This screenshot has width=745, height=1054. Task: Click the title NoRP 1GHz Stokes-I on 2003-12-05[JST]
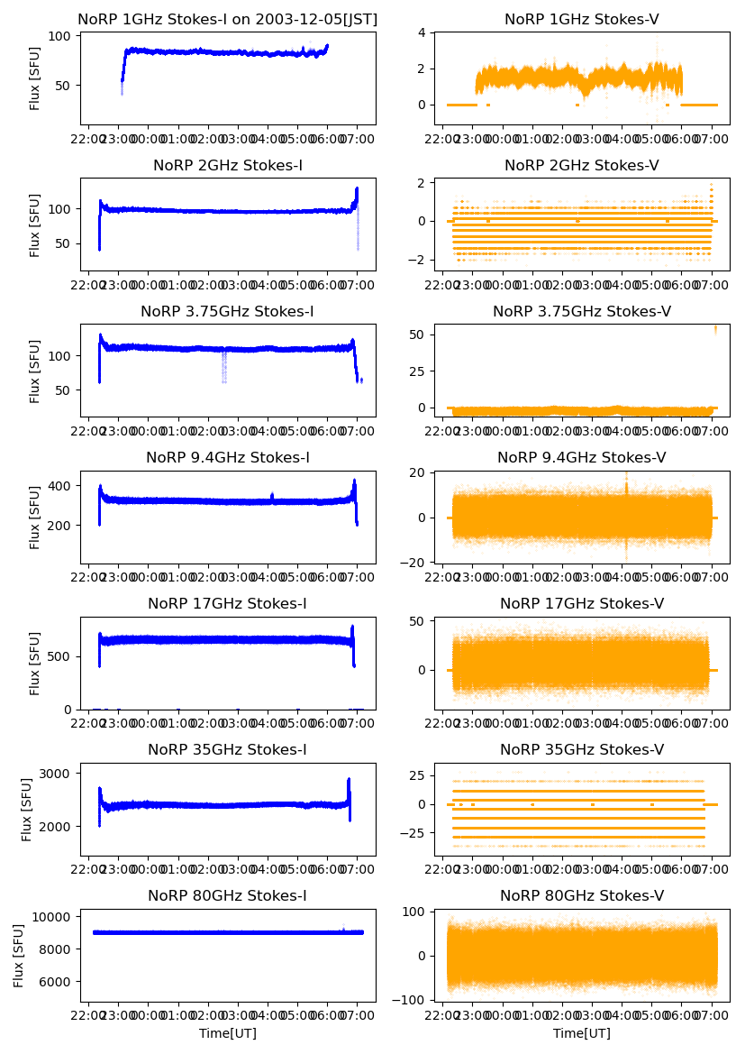tap(227, 19)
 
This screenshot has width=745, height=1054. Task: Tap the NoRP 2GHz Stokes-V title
tap(581, 165)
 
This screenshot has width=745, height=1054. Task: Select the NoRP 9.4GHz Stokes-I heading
tap(227, 457)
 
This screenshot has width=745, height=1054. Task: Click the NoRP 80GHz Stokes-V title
tap(581, 895)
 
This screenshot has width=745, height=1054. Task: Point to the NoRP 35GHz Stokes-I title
tap(227, 749)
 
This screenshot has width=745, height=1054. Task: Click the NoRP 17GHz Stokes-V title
tap(581, 603)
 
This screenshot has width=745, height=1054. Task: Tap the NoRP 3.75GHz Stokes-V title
tap(581, 311)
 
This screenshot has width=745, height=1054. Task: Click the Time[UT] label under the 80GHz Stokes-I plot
tap(227, 1033)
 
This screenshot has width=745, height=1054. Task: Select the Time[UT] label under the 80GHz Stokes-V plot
tap(581, 1033)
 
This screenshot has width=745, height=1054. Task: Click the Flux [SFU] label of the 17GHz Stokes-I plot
tap(35, 663)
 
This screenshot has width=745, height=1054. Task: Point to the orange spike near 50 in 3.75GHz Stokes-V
tap(716, 328)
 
